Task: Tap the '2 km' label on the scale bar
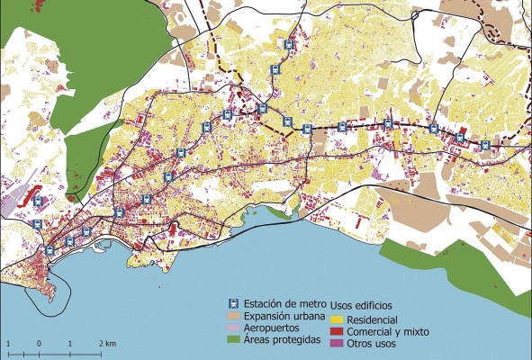point(107,345)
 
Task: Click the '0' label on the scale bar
point(39,345)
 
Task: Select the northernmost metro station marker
point(289,44)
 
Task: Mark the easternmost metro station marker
point(486,144)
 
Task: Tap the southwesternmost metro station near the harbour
point(49,249)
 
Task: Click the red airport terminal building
point(37,194)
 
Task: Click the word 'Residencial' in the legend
point(373,319)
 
